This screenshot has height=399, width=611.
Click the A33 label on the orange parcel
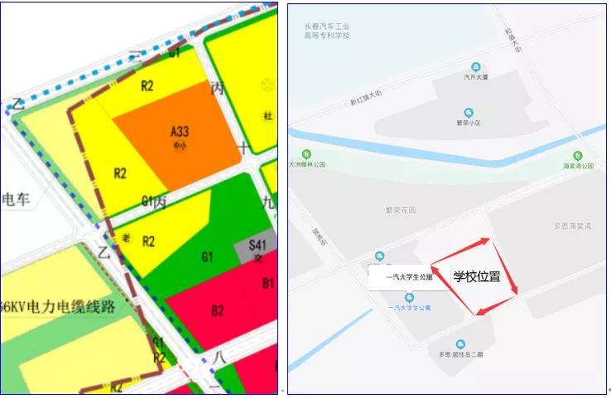click(179, 131)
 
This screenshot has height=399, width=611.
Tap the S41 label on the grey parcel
click(258, 246)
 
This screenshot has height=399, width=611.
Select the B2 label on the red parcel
click(217, 311)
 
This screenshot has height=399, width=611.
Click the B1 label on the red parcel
click(268, 284)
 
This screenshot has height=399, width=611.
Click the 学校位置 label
click(476, 277)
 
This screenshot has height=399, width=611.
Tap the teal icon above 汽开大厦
click(475, 66)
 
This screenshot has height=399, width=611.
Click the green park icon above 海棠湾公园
click(579, 155)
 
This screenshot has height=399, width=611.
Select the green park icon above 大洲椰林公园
click(306, 154)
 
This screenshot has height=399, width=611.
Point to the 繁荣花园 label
click(400, 211)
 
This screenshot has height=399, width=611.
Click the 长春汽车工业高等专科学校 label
click(326, 31)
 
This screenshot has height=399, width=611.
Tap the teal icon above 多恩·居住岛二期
click(458, 344)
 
